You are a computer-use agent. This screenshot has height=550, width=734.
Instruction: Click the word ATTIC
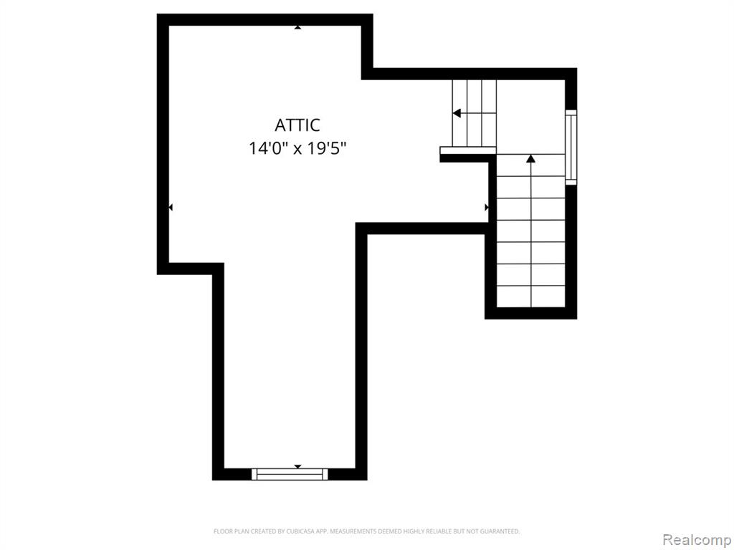tap(297, 125)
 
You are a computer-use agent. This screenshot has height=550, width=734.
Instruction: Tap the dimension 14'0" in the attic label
tap(267, 149)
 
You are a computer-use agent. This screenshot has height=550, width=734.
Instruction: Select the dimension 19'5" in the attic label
tap(327, 149)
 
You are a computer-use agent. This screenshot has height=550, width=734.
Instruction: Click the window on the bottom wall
tap(290, 474)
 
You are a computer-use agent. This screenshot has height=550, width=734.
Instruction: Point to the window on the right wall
tap(571, 148)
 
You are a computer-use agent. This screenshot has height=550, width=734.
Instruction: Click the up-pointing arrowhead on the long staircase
tap(530, 158)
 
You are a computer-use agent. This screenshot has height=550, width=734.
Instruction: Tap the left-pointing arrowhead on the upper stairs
tap(457, 113)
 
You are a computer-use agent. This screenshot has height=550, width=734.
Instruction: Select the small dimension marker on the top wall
tap(297, 28)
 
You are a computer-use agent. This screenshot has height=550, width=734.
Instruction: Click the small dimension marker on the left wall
tap(171, 207)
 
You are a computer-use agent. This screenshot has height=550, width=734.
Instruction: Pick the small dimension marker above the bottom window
tap(297, 467)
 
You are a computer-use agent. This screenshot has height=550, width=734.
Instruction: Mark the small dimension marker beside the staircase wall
tap(487, 207)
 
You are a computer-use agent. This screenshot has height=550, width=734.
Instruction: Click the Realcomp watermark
tap(697, 540)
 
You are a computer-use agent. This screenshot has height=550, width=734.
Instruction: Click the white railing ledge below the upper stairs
tap(468, 150)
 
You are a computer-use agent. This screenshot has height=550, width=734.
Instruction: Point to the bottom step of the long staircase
tap(530, 296)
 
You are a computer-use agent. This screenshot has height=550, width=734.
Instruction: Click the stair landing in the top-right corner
tap(530, 117)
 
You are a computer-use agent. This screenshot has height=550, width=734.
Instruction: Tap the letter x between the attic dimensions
tap(297, 150)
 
